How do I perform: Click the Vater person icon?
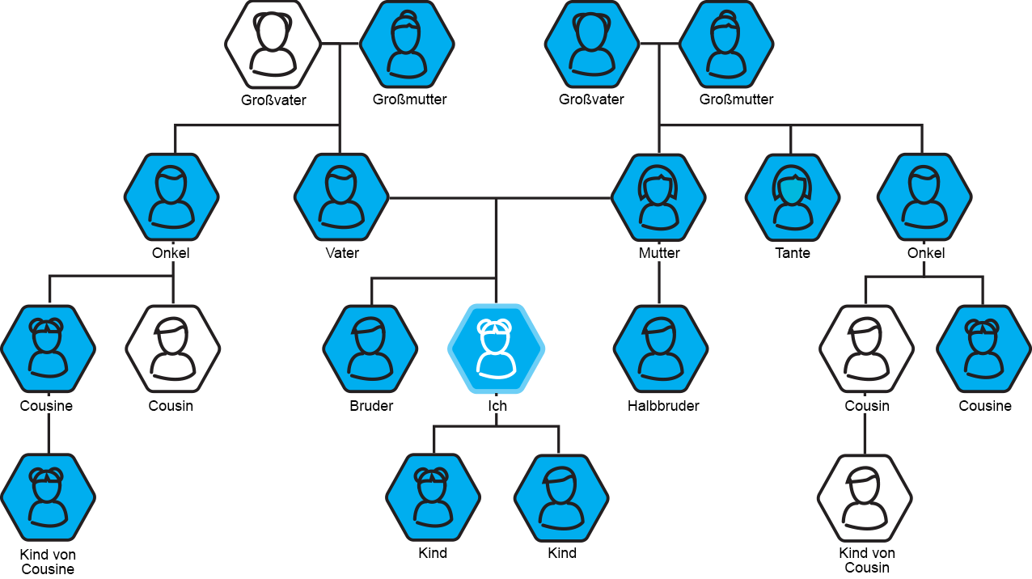(340, 197)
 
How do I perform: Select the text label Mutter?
(658, 253)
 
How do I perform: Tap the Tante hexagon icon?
(792, 197)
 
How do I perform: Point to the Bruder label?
(370, 405)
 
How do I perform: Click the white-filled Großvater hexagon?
(272, 44)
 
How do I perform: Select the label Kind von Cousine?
(48, 561)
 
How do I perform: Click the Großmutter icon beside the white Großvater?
(408, 44)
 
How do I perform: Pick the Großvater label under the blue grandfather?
(591, 99)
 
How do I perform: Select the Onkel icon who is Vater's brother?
(171, 197)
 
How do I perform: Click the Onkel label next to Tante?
(925, 253)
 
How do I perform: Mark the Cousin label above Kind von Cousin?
(865, 405)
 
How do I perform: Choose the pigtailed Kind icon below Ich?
(434, 498)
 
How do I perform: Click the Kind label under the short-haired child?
(561, 553)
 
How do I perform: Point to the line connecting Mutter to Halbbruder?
(659, 283)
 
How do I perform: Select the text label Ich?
(497, 405)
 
